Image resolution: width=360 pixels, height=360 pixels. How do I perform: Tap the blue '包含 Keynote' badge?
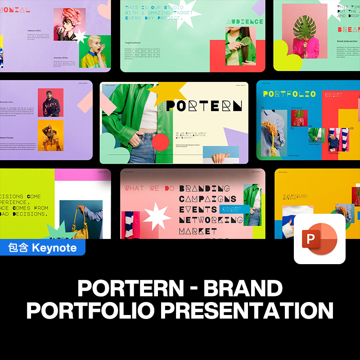(43, 247)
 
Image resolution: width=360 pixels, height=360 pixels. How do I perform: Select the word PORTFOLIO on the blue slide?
(289, 94)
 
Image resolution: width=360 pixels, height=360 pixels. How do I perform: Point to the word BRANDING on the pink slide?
(204, 189)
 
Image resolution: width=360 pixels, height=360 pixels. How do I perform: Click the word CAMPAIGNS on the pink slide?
(207, 199)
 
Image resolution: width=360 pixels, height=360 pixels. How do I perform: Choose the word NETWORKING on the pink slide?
(211, 220)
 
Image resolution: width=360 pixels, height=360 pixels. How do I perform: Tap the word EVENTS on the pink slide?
(198, 209)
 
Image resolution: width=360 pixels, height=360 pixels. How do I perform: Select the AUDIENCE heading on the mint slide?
(245, 22)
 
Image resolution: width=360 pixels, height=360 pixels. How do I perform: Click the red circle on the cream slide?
(160, 142)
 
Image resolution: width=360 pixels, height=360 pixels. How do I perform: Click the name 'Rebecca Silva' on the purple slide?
(35, 31)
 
